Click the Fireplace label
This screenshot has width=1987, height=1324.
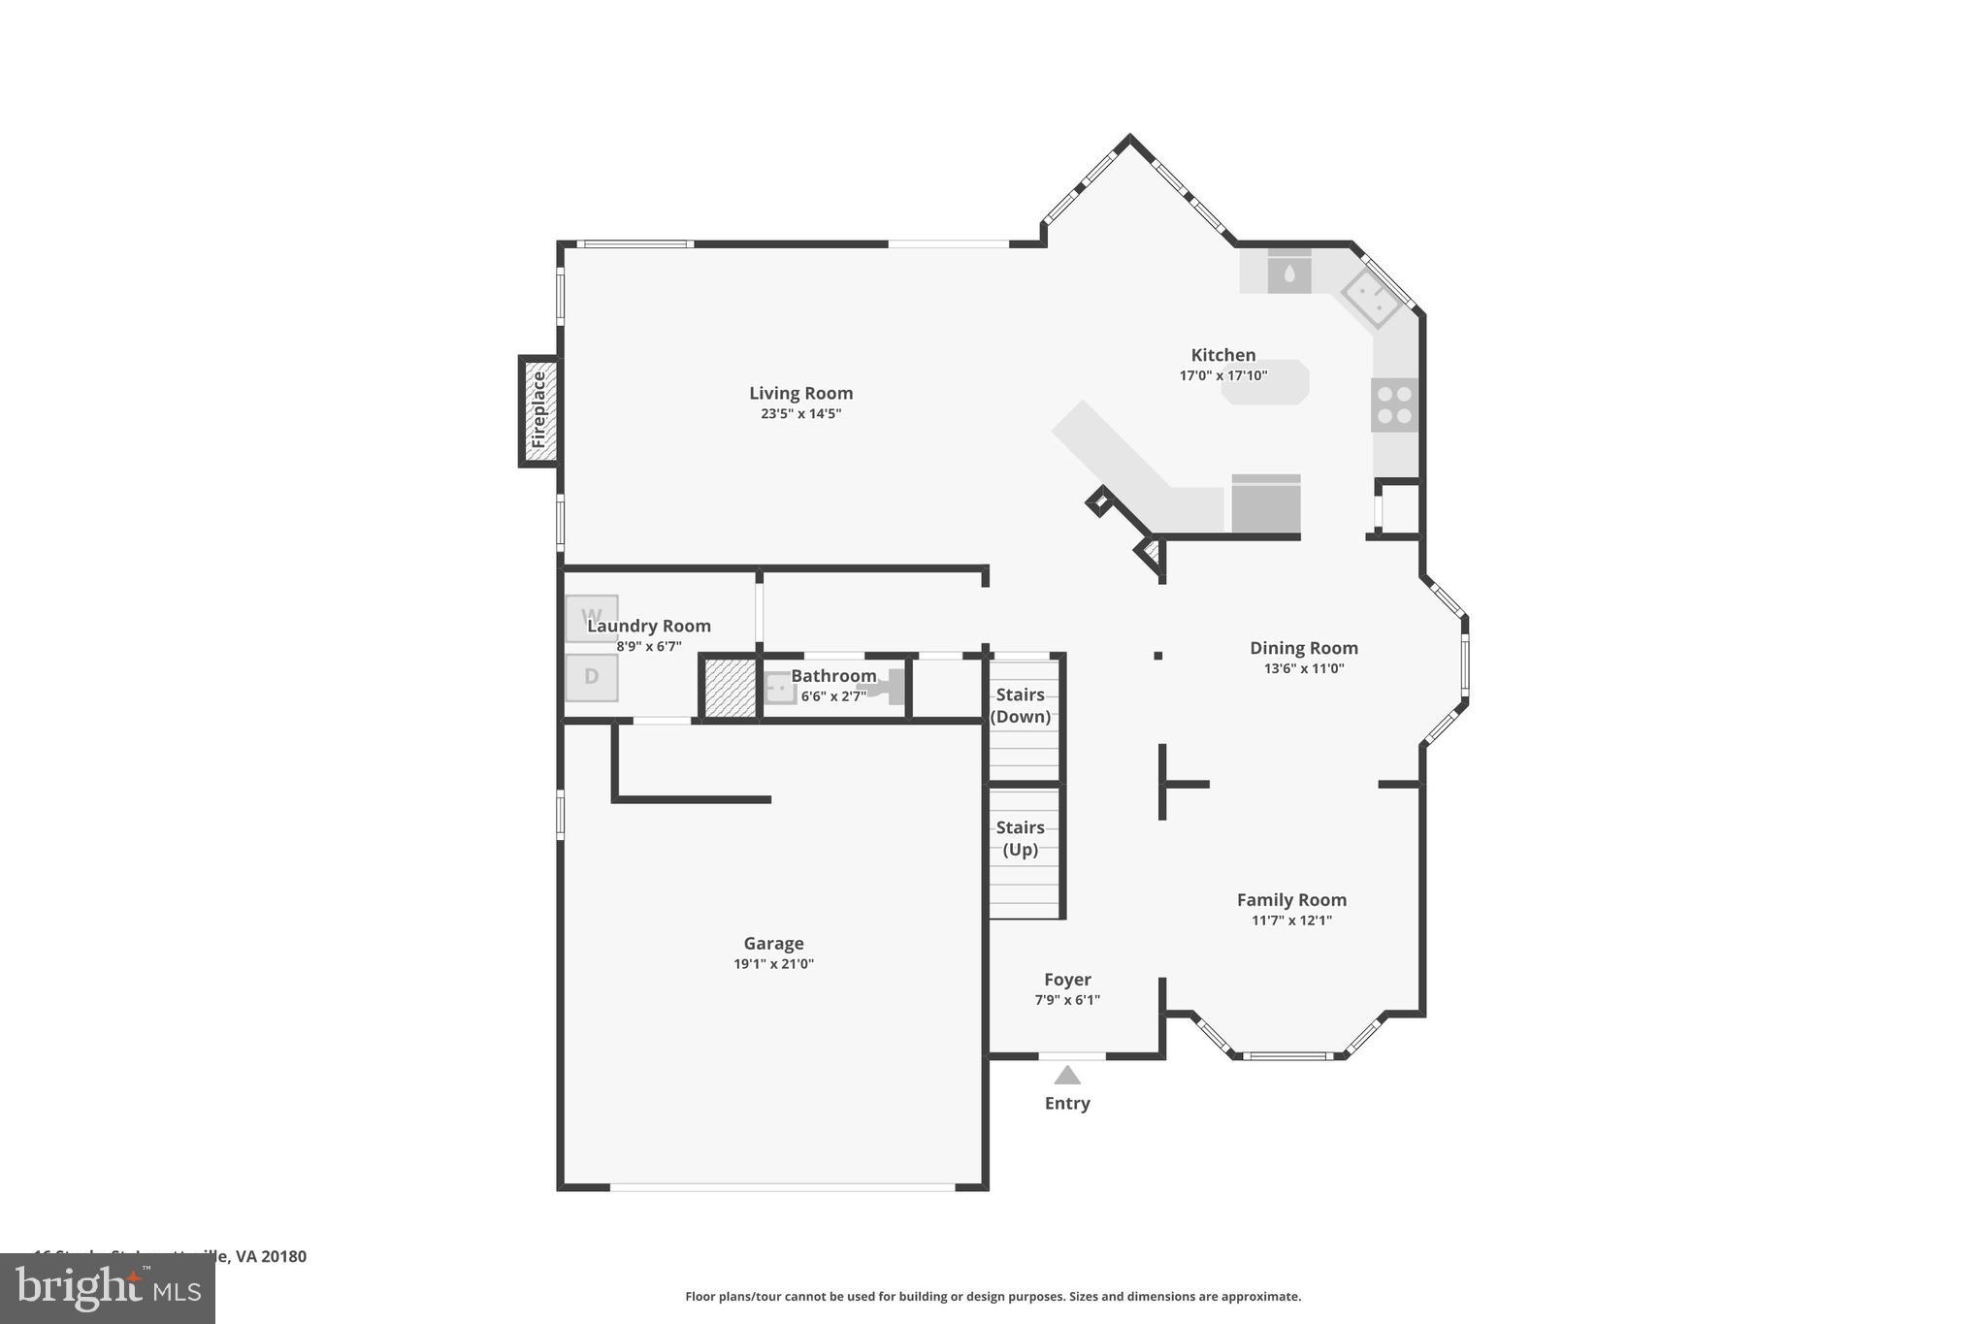pos(539,411)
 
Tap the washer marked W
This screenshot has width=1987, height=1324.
pos(591,617)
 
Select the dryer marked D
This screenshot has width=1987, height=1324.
pos(591,677)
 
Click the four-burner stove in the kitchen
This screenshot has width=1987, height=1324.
pos(1394,404)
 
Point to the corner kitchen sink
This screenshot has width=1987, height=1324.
pos(1371,298)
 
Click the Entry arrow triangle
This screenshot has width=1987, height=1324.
pos(1067,1075)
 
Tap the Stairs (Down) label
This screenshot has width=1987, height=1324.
pos(1020,705)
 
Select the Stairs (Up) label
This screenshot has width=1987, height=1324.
pos(1020,838)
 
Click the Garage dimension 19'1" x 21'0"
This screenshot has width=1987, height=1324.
pos(773,964)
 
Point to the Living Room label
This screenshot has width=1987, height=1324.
pos(800,393)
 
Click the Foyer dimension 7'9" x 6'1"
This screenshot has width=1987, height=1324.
pos(1067,1000)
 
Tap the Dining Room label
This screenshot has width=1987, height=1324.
pos(1303,648)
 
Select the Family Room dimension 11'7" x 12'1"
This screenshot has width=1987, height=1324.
pos(1291,920)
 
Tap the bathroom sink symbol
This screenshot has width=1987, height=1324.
pos(777,688)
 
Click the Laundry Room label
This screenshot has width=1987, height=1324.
pos(648,626)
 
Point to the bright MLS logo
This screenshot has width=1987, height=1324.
pos(107,1288)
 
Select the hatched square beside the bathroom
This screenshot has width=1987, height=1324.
pos(730,688)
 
